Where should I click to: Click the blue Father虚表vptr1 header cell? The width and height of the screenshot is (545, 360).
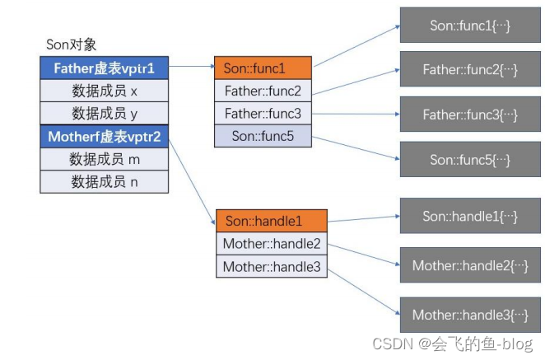coord(105,68)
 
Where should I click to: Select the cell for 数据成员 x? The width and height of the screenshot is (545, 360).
coord(105,91)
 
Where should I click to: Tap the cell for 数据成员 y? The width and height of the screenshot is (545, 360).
coord(105,114)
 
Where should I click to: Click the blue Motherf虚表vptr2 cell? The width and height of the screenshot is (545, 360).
coord(105,137)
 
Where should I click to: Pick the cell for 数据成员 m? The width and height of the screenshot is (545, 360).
coord(105,159)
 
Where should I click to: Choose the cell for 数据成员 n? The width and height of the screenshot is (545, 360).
coord(105,181)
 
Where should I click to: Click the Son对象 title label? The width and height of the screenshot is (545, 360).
coord(72,44)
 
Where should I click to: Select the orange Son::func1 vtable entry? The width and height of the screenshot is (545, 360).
coord(263,68)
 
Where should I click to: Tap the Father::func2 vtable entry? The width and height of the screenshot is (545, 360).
coord(263,91)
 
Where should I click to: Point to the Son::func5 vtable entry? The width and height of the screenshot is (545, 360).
coord(263,136)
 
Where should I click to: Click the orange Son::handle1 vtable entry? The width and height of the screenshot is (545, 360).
coord(272,221)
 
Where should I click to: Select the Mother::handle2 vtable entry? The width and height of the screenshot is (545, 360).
coord(272,244)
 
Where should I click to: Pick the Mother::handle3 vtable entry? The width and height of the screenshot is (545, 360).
coord(272,266)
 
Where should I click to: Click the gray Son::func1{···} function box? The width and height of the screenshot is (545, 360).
coord(470,25)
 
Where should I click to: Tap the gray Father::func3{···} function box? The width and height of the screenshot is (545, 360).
coord(470,114)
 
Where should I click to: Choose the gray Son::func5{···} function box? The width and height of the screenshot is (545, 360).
coord(470,159)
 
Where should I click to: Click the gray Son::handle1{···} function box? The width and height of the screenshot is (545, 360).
coord(470,216)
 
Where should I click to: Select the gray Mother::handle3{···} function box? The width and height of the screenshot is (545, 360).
coord(470,315)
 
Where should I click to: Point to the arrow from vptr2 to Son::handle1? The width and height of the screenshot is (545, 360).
coord(192,181)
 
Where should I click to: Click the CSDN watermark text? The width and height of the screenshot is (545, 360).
coord(453,344)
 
